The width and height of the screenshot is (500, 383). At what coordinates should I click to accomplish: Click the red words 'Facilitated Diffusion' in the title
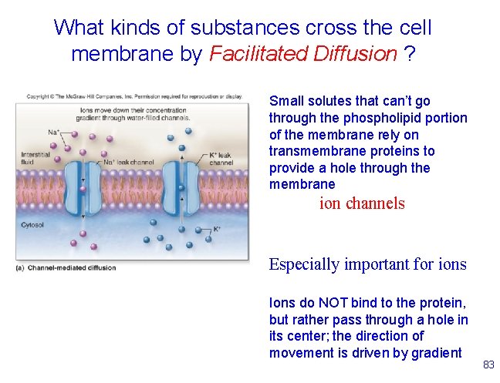click(x=303, y=54)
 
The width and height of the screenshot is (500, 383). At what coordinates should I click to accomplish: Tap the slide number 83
click(x=488, y=365)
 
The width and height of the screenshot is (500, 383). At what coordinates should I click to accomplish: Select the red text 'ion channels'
click(x=362, y=203)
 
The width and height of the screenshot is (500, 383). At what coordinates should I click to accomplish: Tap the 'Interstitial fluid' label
click(x=35, y=158)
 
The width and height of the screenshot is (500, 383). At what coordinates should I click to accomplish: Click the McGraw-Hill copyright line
click(x=135, y=97)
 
